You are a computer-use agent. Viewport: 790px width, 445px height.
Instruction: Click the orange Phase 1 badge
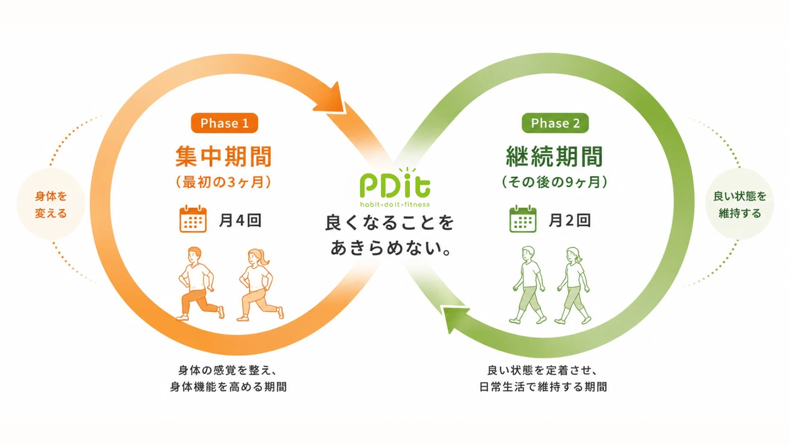point(224,123)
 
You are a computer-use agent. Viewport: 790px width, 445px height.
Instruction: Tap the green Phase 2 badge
point(555,123)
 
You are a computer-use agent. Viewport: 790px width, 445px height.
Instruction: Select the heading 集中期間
point(224,156)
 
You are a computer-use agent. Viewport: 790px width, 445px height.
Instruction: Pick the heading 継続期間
point(554,156)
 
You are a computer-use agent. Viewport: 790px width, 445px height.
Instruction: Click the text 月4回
point(240,221)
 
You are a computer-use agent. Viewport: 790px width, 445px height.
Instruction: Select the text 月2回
point(570,221)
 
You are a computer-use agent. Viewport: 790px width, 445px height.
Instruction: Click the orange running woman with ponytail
point(260,285)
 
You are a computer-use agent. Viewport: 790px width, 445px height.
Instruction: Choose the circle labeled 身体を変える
point(51,204)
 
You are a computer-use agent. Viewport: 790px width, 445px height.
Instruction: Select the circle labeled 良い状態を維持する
point(740,204)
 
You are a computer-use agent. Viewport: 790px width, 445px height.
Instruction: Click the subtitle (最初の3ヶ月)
point(224,182)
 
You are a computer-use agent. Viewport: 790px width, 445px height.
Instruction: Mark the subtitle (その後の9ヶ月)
point(554,182)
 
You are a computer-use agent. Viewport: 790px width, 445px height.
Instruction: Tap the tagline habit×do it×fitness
point(395,204)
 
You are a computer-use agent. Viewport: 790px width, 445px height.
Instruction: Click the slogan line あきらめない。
point(391,248)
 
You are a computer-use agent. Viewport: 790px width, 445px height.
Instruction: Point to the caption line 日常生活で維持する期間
point(543,387)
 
